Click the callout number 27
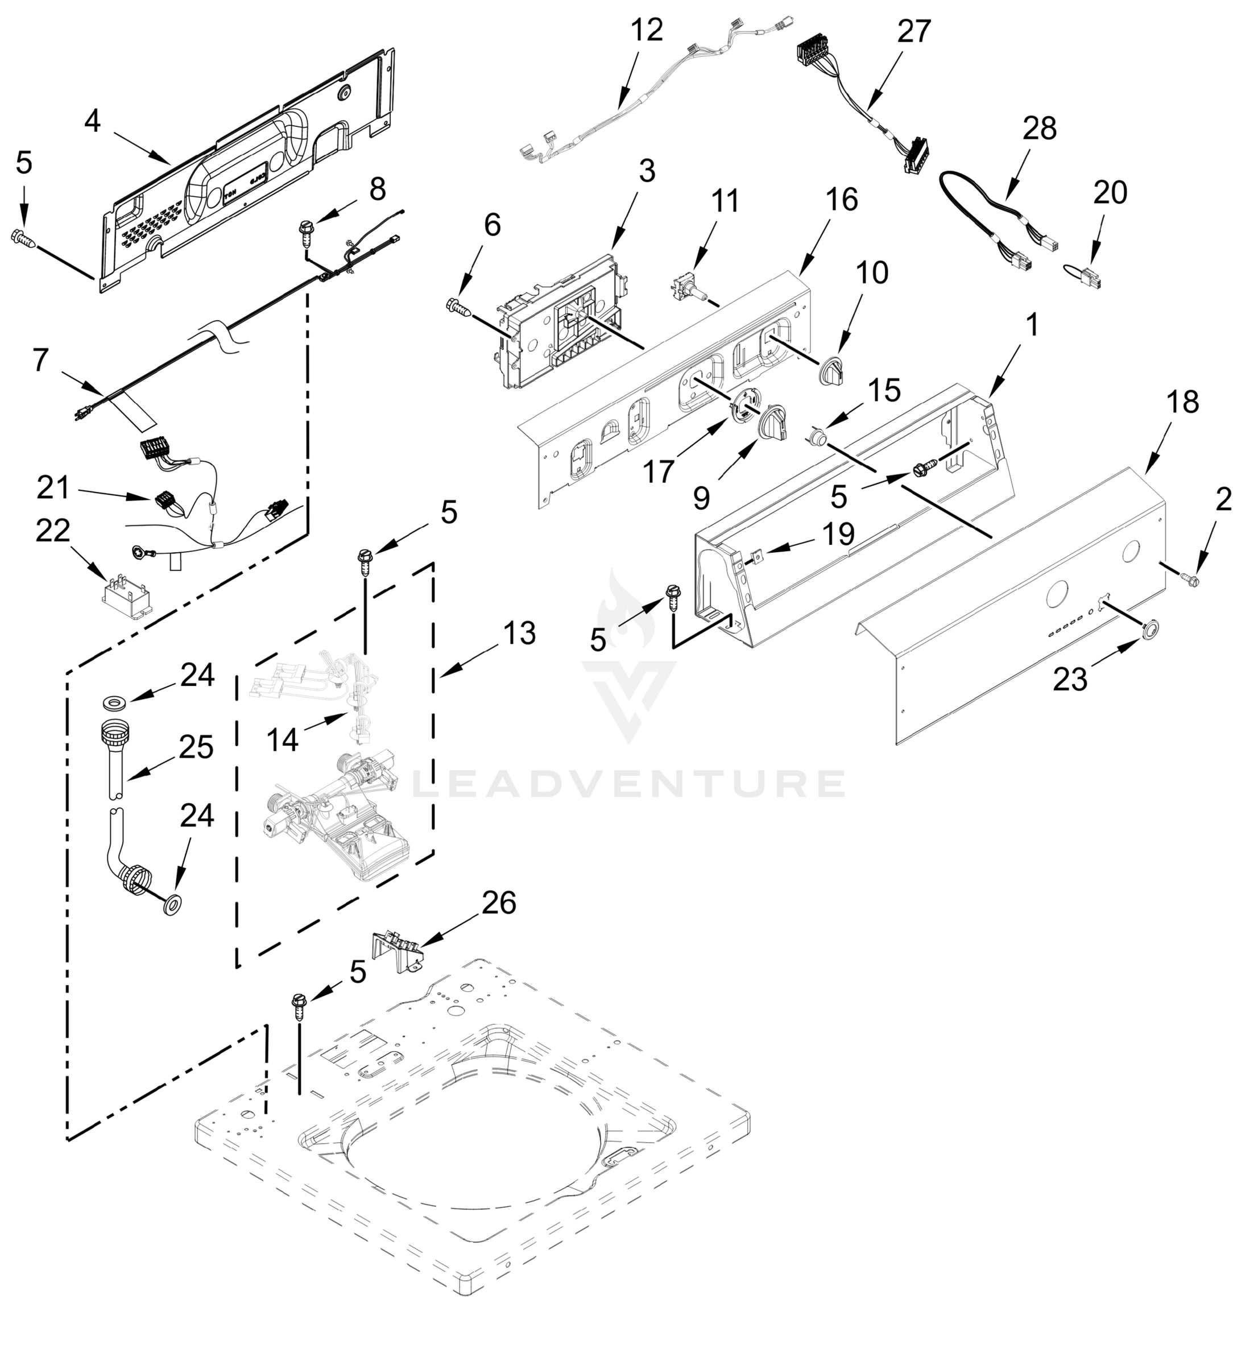tap(913, 32)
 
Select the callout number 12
tap(646, 31)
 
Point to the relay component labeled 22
tap(125, 598)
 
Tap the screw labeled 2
tap(1189, 578)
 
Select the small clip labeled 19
tap(756, 559)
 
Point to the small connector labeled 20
tap(1084, 277)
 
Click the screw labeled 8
tap(305, 238)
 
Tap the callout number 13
tap(519, 632)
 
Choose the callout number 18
tap(1182, 402)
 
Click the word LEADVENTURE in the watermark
tap(630, 784)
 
